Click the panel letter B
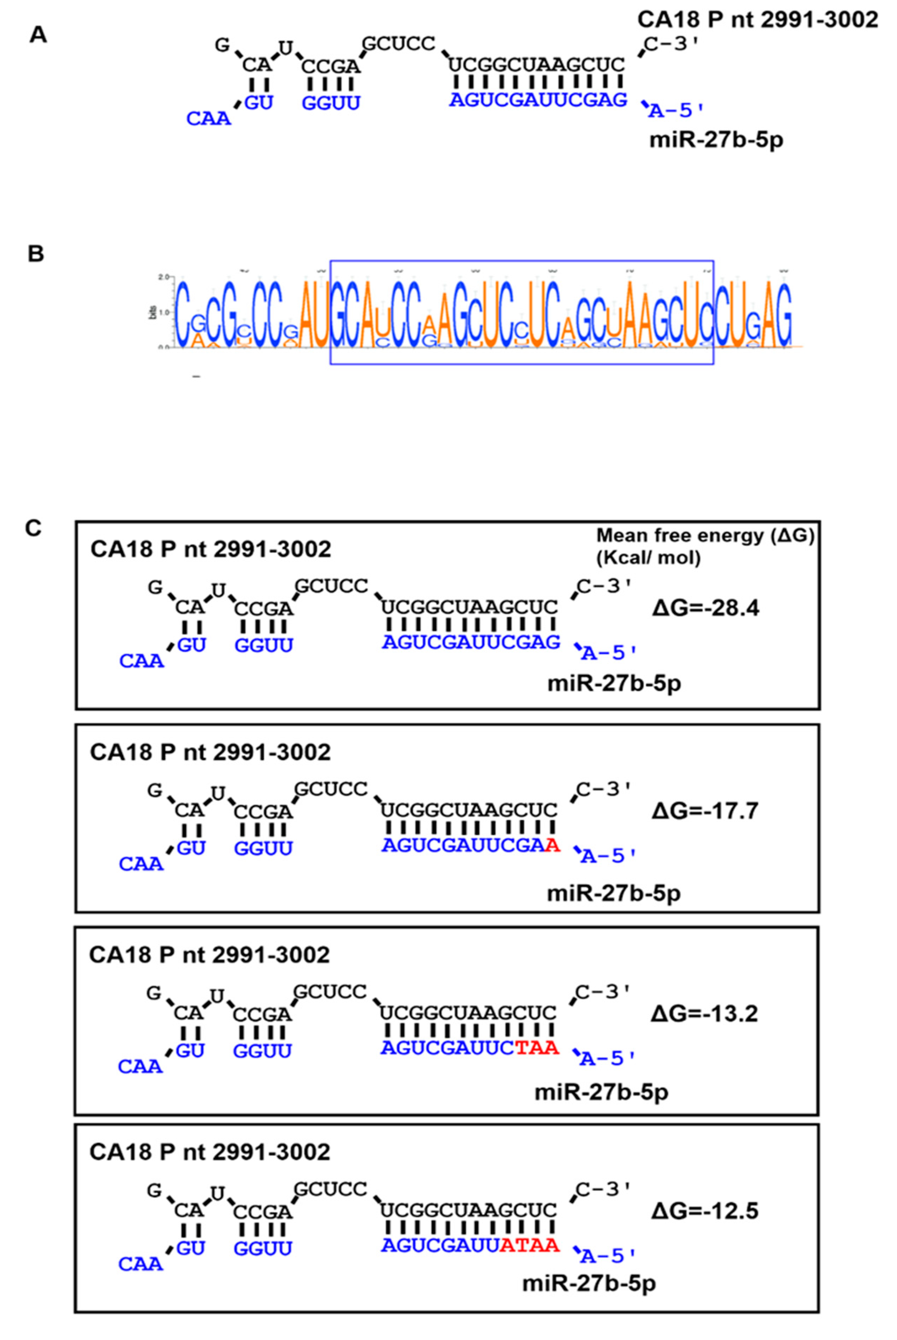pyautogui.click(x=36, y=253)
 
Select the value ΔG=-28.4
pyautogui.click(x=705, y=608)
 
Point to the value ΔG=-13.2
pyautogui.click(x=704, y=1013)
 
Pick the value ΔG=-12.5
pyautogui.click(x=704, y=1211)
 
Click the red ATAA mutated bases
pyautogui.click(x=529, y=1245)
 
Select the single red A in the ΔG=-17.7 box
pyautogui.click(x=552, y=845)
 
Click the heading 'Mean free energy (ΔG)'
pyautogui.click(x=705, y=536)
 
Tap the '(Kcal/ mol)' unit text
pyautogui.click(x=648, y=558)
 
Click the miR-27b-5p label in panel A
pyautogui.click(x=716, y=140)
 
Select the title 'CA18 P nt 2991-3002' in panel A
pyautogui.click(x=757, y=20)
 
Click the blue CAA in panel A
pyautogui.click(x=208, y=119)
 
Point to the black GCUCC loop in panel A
pyautogui.click(x=399, y=43)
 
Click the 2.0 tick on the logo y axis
pyautogui.click(x=164, y=277)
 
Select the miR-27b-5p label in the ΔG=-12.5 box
pyautogui.click(x=589, y=1283)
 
